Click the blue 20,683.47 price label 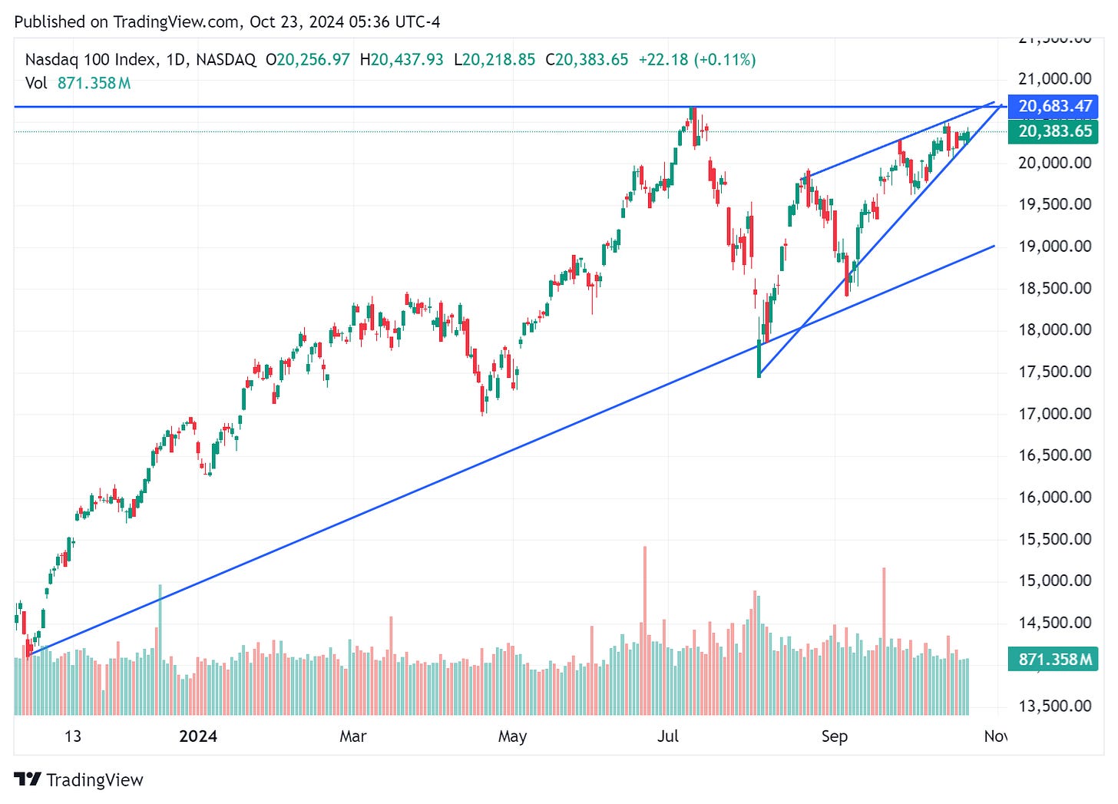pos(1053,106)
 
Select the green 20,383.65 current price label pos(1053,131)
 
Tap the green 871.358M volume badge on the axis pos(1053,659)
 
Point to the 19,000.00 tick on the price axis pos(1054,246)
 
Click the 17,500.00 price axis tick pos(1054,372)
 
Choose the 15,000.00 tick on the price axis pos(1054,581)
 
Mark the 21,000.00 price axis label pos(1054,78)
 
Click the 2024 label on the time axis pos(198,736)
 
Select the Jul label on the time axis pos(668,736)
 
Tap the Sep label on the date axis pos(835,736)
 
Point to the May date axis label pos(512,736)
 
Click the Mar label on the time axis pos(353,736)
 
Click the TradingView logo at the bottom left pos(79,779)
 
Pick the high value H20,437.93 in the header pos(402,60)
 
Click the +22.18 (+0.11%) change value pos(696,60)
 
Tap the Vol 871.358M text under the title pos(78,83)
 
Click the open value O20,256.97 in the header pos(308,60)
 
